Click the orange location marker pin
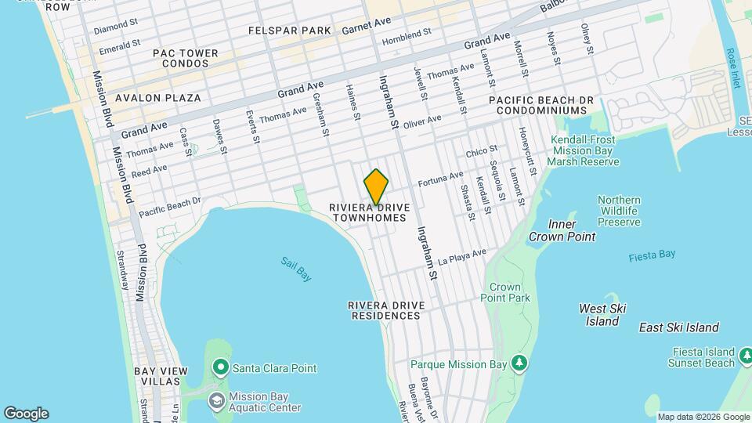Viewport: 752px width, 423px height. [x=376, y=187]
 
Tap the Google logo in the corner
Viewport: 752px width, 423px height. [x=26, y=414]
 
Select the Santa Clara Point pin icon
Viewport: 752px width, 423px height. [x=220, y=367]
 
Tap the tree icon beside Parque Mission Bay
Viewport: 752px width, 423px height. [x=517, y=362]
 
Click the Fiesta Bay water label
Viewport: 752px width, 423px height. [x=651, y=255]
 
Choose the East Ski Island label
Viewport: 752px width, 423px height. [x=678, y=327]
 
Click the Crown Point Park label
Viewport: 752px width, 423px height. [x=509, y=292]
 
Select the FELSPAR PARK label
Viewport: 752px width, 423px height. [x=290, y=30]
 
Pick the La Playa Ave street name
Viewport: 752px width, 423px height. [x=462, y=255]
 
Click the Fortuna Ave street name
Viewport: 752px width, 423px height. [x=441, y=179]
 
